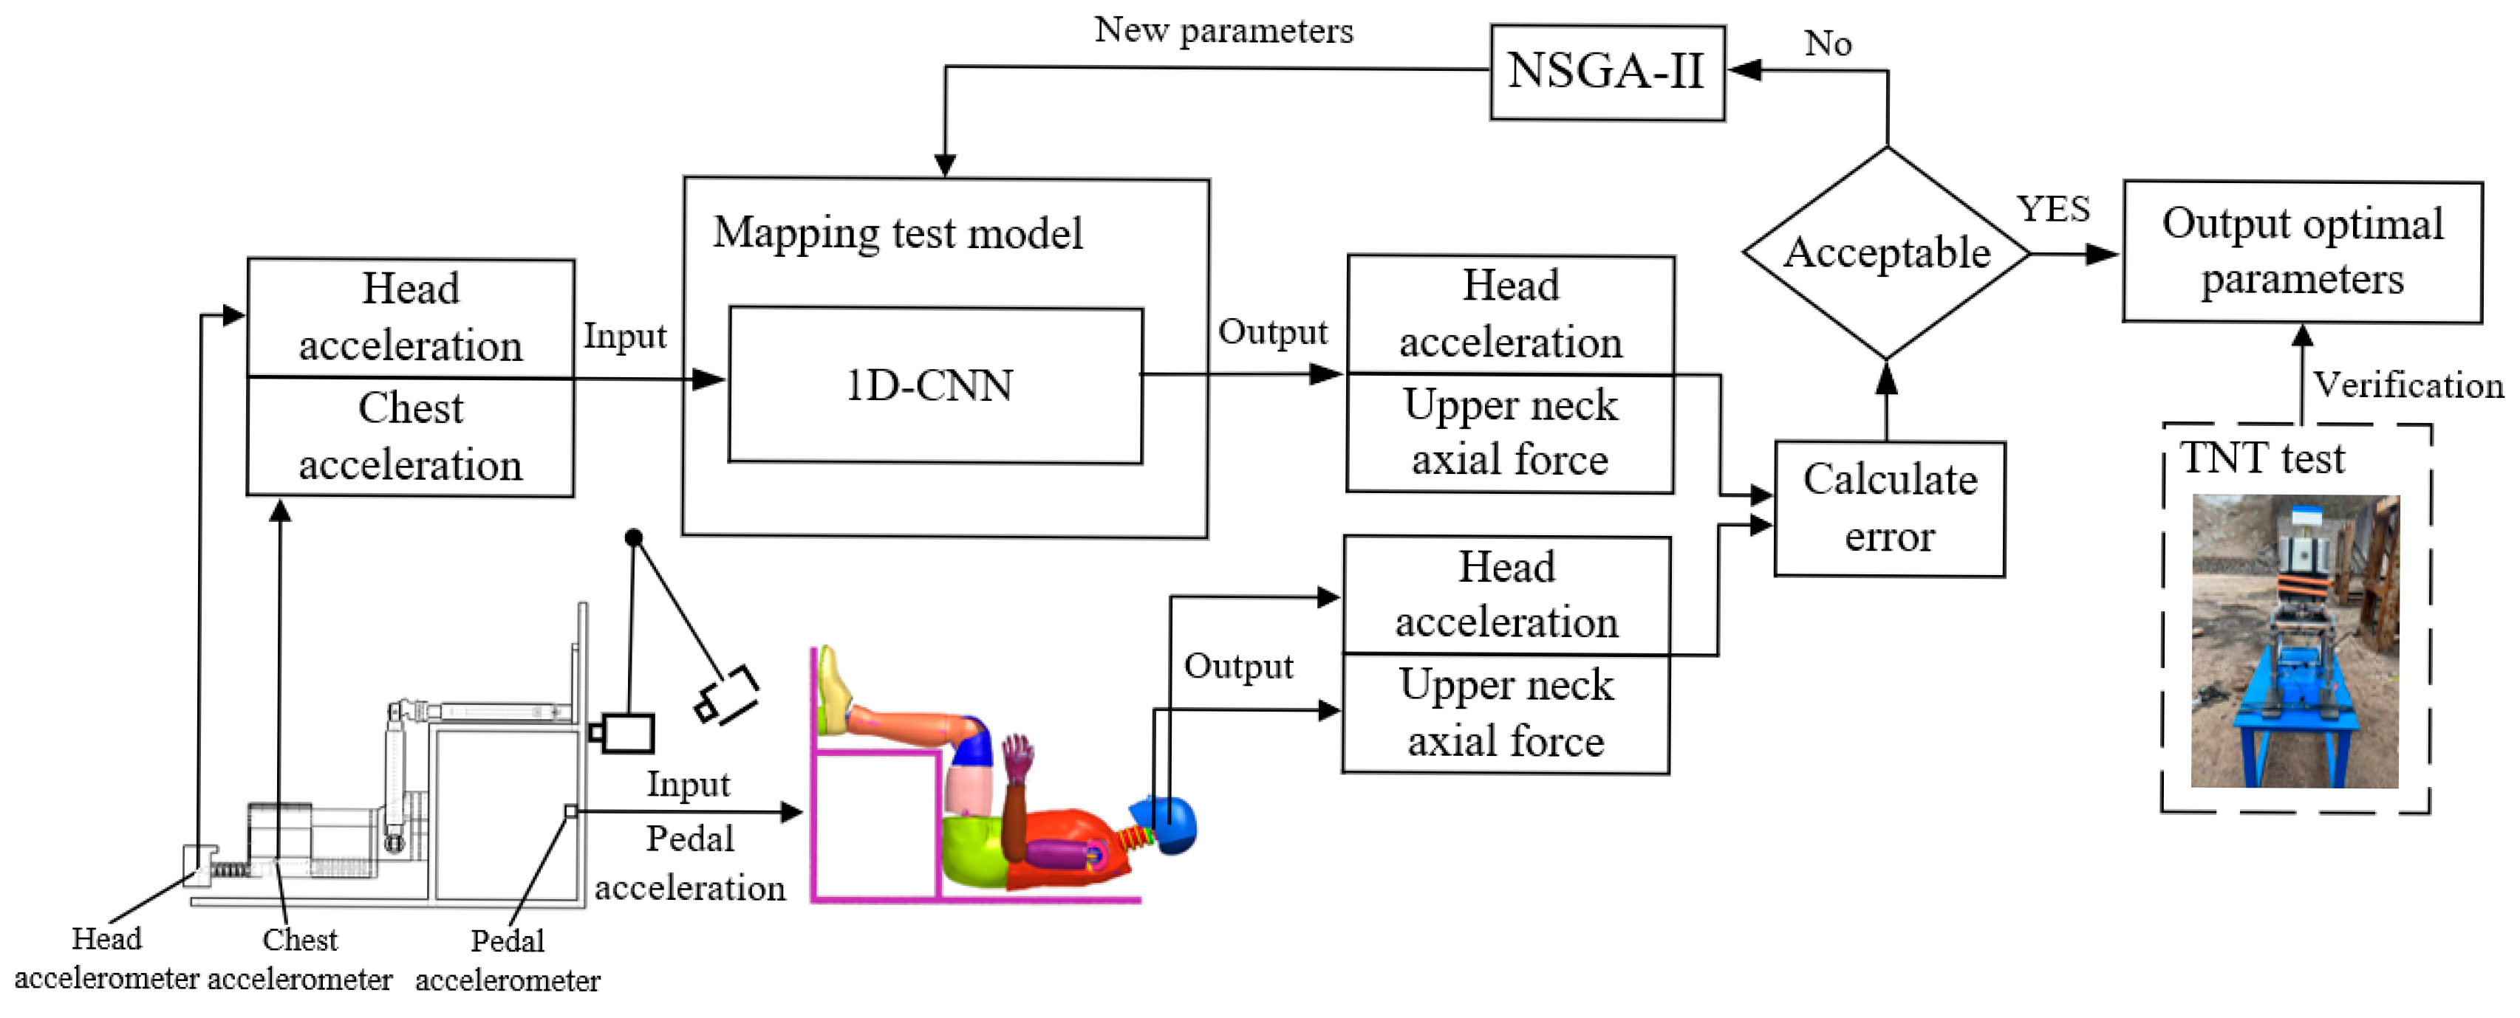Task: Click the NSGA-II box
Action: point(1606,72)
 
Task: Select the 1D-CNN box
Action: point(935,385)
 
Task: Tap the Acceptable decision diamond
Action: point(1886,253)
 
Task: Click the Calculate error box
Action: point(1889,509)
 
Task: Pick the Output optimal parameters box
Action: point(2302,251)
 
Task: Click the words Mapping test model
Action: point(897,234)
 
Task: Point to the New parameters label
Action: point(1223,30)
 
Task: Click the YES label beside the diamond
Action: point(2052,209)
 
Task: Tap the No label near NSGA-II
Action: point(1826,44)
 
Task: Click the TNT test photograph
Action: point(2294,641)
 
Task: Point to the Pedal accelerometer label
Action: point(507,960)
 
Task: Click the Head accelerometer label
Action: point(106,958)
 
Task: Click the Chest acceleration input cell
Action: point(410,437)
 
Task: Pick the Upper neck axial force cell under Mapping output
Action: point(1509,433)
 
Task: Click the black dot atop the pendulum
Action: point(633,537)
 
